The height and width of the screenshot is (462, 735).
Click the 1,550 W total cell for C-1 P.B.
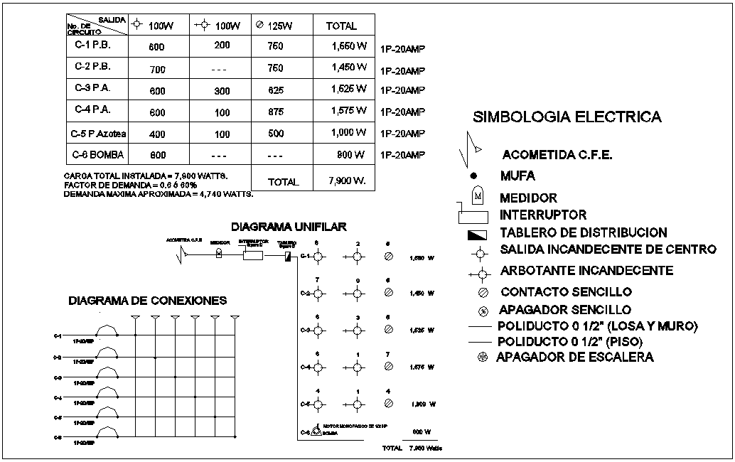(349, 46)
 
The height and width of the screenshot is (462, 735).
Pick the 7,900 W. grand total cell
(348, 181)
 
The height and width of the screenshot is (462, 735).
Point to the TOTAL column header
(341, 26)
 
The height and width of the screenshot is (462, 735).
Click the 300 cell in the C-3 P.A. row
(222, 91)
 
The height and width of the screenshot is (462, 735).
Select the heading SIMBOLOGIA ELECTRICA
(567, 117)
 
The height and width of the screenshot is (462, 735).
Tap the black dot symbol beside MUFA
(474, 176)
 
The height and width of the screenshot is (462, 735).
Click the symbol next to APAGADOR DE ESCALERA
(481, 357)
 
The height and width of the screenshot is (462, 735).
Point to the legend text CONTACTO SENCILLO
(566, 291)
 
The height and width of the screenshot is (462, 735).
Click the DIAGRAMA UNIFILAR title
(289, 227)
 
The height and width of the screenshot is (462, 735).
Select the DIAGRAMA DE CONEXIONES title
(147, 301)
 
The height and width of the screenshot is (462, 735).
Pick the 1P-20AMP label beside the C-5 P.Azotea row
(402, 134)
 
